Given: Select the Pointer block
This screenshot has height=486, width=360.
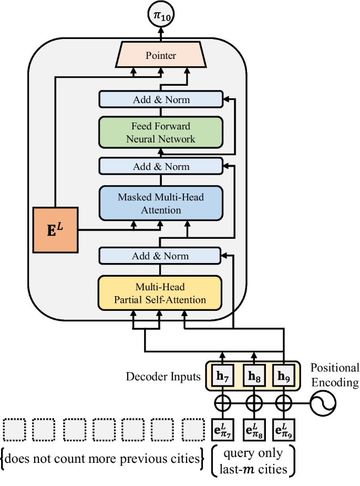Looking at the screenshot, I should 161,55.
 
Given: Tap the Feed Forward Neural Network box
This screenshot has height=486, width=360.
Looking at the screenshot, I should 161,133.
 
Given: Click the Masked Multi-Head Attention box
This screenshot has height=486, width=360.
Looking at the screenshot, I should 161,204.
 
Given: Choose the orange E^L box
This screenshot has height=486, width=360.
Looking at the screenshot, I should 55,229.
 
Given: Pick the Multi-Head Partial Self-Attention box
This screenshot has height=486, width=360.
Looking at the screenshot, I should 161,293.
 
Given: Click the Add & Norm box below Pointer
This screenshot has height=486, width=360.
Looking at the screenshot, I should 161,99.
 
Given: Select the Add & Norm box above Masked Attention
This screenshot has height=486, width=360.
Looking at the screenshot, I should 161,167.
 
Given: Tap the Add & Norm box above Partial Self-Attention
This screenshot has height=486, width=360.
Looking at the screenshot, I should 161,256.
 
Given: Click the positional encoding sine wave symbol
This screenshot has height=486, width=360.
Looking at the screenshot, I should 322,405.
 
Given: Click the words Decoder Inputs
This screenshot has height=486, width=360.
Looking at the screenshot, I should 163,377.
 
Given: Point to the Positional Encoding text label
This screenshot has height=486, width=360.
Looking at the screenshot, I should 335,374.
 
